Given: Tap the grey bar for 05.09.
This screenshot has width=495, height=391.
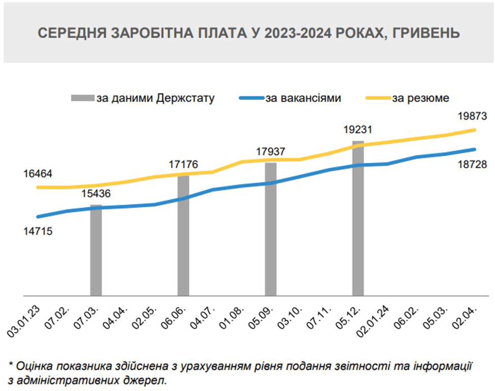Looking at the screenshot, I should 271,229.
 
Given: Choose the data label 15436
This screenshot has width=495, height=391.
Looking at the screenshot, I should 96,193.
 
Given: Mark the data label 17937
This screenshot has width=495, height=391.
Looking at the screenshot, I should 271,151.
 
